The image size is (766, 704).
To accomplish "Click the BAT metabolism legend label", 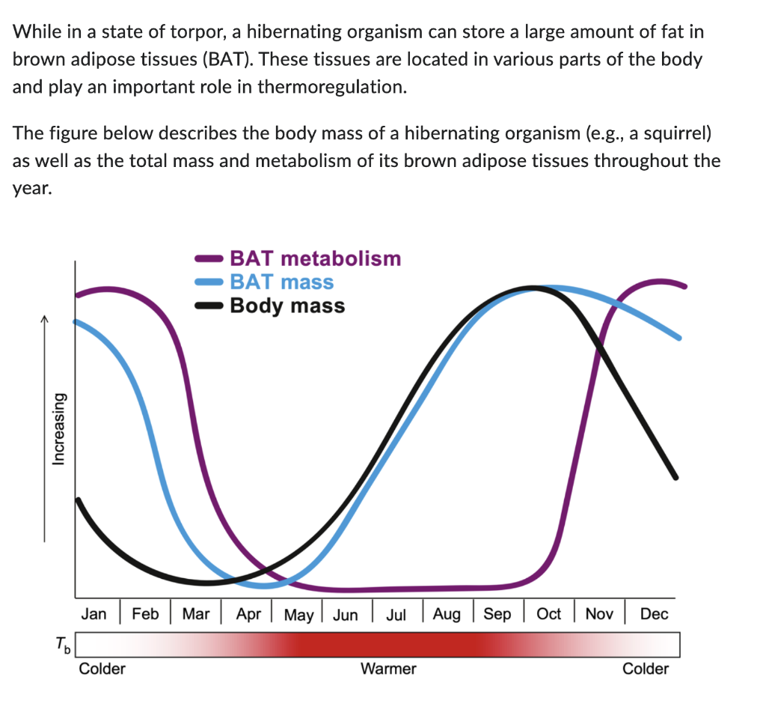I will (315, 258).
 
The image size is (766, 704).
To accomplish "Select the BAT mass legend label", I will (281, 282).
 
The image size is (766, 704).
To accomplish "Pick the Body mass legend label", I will (287, 306).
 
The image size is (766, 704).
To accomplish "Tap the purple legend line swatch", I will (209, 259).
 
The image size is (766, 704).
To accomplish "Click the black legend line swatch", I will (209, 306).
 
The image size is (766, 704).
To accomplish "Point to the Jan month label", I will (94, 614).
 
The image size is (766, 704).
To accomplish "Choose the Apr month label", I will (248, 614).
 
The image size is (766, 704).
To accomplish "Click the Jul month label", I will (396, 615).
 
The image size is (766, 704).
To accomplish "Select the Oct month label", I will (549, 614).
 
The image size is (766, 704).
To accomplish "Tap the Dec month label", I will (654, 614).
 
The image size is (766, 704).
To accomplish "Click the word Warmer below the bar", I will (388, 668).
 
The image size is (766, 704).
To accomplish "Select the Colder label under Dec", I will (646, 668).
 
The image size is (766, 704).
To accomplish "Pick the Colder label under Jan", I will (102, 668).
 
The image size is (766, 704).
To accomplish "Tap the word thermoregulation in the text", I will (331, 87).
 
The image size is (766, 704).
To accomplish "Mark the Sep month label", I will (497, 614).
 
